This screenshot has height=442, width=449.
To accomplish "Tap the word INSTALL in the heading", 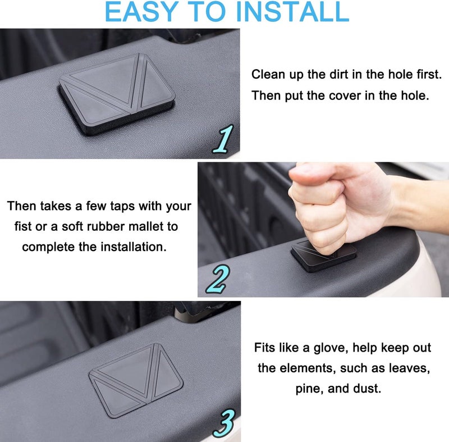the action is (291, 11).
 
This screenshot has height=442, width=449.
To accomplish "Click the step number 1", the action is (223, 139).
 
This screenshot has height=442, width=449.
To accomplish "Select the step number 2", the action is (217, 279).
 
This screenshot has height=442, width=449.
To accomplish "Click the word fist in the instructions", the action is (22, 226).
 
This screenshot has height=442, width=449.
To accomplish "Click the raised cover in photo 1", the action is (117, 94).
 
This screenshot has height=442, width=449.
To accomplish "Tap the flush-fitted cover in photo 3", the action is (136, 380).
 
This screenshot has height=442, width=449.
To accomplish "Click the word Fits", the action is (264, 348).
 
